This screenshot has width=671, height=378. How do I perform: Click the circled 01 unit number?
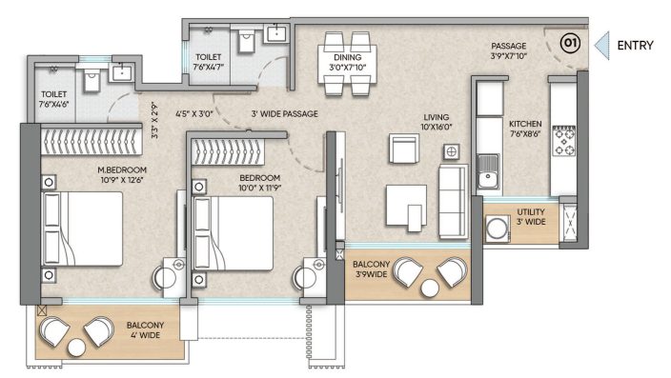pos(570,43)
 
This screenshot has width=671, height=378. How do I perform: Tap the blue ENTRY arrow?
pos(602,46)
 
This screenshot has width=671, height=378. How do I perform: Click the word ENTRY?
pos(635,46)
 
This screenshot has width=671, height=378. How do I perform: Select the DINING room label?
pos(348,57)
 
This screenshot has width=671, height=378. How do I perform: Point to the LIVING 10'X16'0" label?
pos(437,122)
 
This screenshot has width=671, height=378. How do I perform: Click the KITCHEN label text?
pos(525,124)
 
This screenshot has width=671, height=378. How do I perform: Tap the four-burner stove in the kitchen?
pos(564,140)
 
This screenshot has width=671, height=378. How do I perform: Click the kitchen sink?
pos(488,171)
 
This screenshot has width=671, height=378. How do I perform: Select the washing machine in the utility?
pos(498,229)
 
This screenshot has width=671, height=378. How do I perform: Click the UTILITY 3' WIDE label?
pos(531,217)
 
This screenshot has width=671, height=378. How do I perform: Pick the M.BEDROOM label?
pos(122,169)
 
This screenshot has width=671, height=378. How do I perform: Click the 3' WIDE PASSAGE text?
pos(285,113)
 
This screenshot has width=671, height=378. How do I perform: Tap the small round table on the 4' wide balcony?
pos(76,348)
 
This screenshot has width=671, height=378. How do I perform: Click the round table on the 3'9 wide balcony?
pos(430,288)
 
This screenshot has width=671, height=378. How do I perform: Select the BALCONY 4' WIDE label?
pos(145,330)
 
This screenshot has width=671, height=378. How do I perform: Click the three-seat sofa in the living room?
pos(453,202)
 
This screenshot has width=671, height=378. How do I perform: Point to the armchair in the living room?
pos(404,149)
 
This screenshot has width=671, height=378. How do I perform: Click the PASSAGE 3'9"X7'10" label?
pos(508,50)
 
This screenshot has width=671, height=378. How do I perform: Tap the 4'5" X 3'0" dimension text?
pos(193,113)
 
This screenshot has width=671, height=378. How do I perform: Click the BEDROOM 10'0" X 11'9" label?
pos(260,183)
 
